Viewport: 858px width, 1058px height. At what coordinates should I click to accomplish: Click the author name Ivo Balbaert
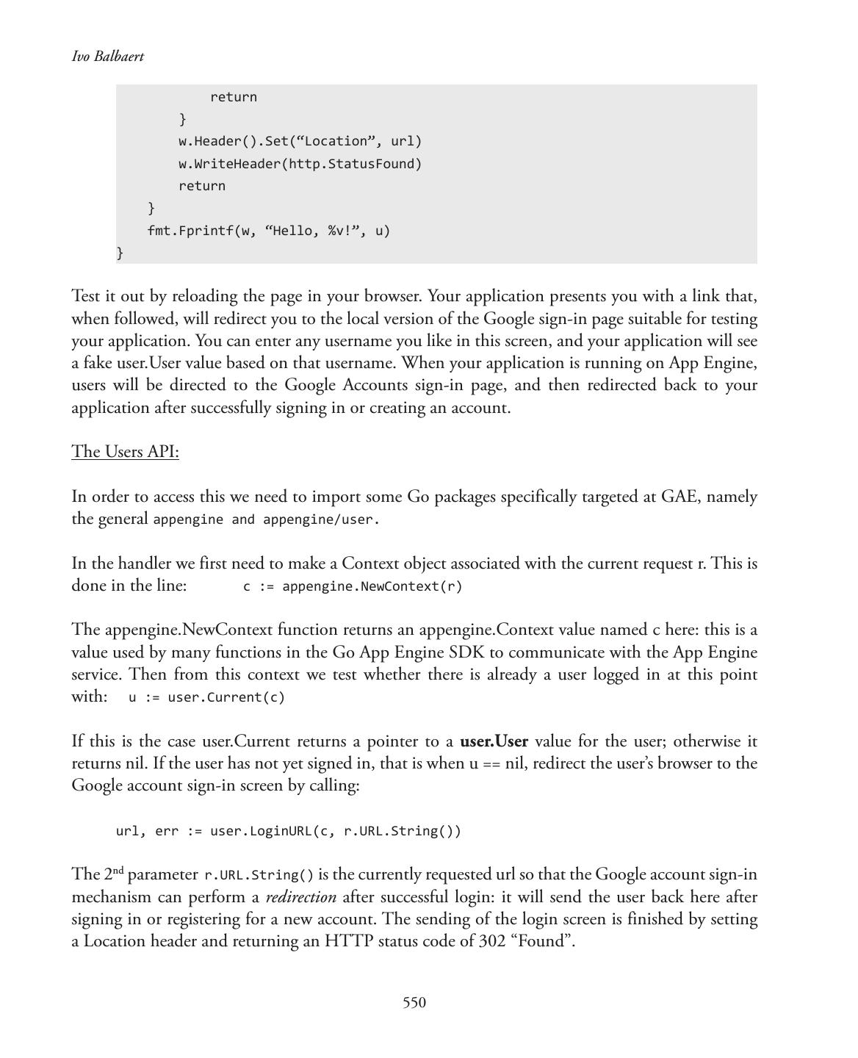pyautogui.click(x=107, y=57)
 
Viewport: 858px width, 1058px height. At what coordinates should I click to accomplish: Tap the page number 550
pyautogui.click(x=414, y=1003)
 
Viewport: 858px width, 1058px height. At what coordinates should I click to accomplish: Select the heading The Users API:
pyautogui.click(x=125, y=451)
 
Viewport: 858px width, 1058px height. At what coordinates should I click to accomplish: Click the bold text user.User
pyautogui.click(x=494, y=741)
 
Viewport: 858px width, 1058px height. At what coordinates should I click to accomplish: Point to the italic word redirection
pyautogui.click(x=300, y=897)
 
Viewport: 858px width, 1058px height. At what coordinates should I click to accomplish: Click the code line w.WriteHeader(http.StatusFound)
pyautogui.click(x=300, y=164)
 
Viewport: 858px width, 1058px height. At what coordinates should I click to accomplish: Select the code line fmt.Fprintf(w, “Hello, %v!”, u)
pyautogui.click(x=268, y=231)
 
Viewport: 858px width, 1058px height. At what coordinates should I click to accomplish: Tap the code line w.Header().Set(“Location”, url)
pyautogui.click(x=300, y=141)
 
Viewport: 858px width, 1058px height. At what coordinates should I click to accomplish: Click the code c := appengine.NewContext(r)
pyautogui.click(x=353, y=586)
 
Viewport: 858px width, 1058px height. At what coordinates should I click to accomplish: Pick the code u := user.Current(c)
pyautogui.click(x=206, y=697)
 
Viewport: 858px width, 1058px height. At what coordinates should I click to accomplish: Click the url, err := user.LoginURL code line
pyautogui.click(x=288, y=831)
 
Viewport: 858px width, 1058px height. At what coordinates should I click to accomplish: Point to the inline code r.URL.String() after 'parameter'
pyautogui.click(x=259, y=875)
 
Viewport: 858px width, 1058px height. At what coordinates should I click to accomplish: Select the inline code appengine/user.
pyautogui.click(x=320, y=519)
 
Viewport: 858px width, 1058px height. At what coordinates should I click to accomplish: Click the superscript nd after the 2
pyautogui.click(x=118, y=870)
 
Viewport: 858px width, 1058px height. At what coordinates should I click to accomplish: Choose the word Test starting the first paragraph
pyautogui.click(x=86, y=296)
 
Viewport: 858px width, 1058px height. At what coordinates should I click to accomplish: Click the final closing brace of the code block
pyautogui.click(x=120, y=253)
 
